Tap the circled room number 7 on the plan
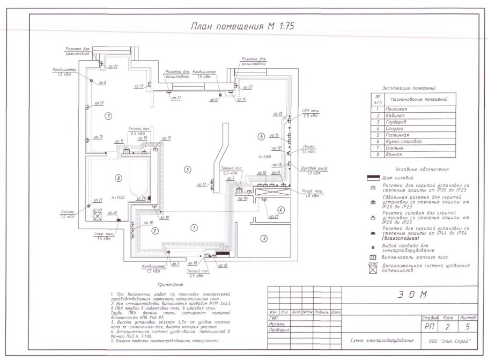[x=108, y=115]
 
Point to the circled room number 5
[x=187, y=170]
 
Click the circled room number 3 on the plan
[x=263, y=238]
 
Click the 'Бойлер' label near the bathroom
[x=68, y=212]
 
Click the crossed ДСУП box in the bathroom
[x=98, y=217]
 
